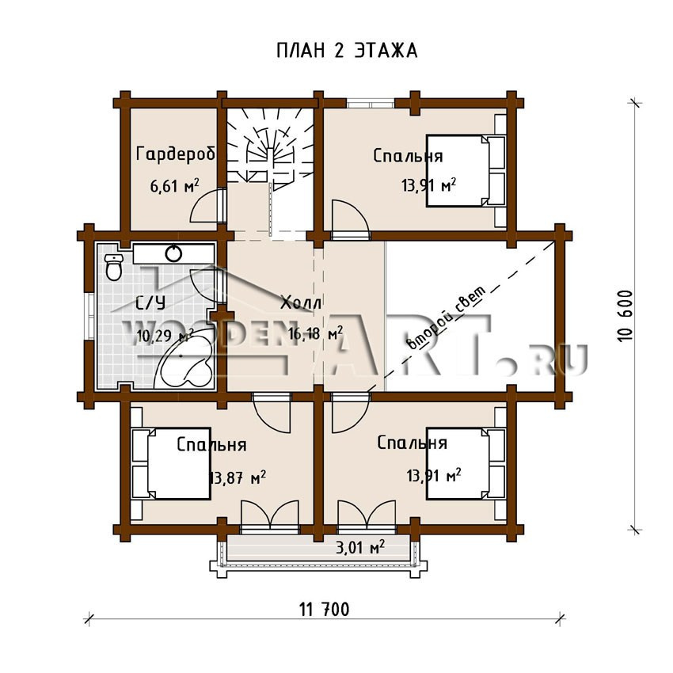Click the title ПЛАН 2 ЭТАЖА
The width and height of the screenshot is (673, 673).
click(x=347, y=51)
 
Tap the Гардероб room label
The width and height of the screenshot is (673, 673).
click(x=175, y=154)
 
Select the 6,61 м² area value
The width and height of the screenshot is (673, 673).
click(x=174, y=185)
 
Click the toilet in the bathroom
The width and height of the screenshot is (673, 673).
click(x=114, y=267)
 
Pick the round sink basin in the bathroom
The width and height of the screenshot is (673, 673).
click(x=173, y=253)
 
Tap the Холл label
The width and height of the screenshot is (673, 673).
click(x=301, y=302)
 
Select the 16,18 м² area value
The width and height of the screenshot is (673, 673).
click(x=315, y=333)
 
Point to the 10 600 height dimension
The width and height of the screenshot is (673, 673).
click(x=625, y=315)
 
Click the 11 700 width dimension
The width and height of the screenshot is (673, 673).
click(x=324, y=609)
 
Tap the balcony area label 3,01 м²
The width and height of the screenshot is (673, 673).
click(x=359, y=548)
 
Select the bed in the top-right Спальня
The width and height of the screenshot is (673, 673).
click(x=466, y=171)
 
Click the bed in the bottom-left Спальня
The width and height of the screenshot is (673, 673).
click(x=171, y=463)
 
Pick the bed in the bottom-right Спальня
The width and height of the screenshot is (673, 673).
click(x=466, y=463)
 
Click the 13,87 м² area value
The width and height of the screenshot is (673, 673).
click(x=238, y=477)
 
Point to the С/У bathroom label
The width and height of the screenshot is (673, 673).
click(x=150, y=303)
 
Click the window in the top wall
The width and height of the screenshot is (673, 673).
click(x=371, y=104)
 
